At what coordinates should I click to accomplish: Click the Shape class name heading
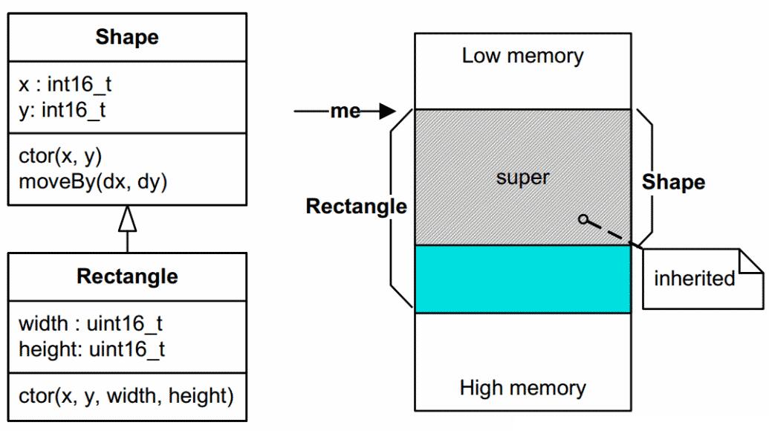tap(127, 37)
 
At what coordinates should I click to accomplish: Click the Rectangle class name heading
tap(127, 276)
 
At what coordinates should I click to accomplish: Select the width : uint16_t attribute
tap(91, 324)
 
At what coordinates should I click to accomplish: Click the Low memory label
tap(522, 56)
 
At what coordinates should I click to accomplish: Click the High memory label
tap(522, 387)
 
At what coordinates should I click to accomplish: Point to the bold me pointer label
tap(345, 111)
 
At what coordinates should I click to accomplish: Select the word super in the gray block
tap(522, 178)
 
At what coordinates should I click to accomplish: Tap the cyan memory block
tap(522, 279)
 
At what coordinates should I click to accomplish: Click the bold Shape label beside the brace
tap(673, 182)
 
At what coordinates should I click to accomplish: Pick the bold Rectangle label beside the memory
tap(356, 206)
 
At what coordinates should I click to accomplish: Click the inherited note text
tap(694, 279)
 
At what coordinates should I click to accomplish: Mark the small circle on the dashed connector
tap(584, 218)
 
